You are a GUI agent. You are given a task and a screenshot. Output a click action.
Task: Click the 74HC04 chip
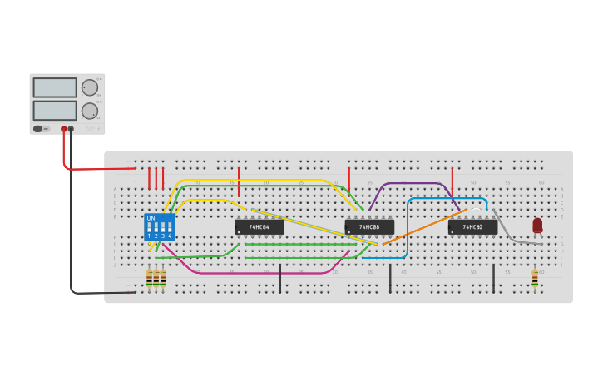(x=259, y=226)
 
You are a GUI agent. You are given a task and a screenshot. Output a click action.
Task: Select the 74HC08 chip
(x=369, y=226)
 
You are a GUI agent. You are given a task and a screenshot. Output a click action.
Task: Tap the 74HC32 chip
(x=472, y=226)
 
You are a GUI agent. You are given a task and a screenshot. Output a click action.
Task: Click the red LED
(x=537, y=225)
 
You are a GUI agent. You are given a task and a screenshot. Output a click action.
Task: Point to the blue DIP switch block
(x=159, y=227)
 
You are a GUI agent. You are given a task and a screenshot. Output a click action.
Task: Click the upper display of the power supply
(x=55, y=87)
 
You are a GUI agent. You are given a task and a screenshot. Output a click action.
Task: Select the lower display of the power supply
(x=55, y=110)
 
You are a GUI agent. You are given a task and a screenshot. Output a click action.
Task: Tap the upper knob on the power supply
(x=89, y=87)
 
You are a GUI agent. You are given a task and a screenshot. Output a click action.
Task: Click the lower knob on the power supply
(x=89, y=111)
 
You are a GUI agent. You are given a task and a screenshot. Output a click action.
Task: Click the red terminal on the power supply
(x=63, y=129)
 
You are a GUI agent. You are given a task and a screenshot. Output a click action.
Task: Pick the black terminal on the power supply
(x=71, y=129)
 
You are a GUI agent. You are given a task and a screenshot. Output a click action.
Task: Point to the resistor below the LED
(x=535, y=278)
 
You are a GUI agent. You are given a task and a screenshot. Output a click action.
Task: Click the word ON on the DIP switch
(x=151, y=218)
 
